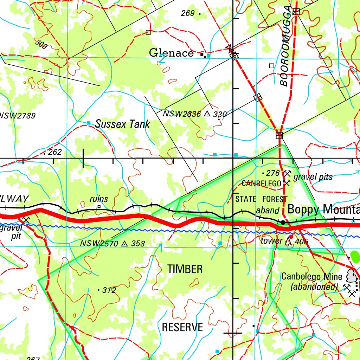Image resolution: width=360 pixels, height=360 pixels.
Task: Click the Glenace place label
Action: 171,53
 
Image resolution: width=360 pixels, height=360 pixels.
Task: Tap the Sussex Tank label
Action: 122,124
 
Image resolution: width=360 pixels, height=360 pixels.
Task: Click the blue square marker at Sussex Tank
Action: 89,122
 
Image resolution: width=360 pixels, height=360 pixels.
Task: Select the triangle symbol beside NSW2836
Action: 207,114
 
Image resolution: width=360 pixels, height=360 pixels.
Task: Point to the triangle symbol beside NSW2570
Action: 124,243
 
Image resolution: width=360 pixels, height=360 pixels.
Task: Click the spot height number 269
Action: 188,13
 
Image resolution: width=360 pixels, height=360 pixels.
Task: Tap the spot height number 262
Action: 55,152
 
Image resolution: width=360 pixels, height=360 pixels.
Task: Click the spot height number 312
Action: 109,290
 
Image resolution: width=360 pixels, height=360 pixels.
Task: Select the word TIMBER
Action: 185,269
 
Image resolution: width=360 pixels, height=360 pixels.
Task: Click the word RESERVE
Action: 182,327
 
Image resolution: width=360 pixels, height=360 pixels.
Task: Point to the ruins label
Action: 99,199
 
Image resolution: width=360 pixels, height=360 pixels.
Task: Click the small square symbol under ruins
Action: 99,207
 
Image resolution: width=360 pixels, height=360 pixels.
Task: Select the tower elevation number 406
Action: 302,242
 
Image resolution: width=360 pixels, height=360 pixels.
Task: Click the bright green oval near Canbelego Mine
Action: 355,256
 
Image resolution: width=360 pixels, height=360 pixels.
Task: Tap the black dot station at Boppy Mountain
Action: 283,222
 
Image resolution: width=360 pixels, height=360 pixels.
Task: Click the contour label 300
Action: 41,44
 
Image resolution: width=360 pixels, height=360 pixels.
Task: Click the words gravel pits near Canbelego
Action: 313,177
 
